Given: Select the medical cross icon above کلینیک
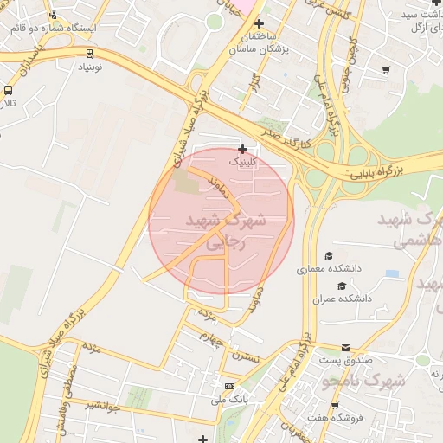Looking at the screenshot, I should pyautogui.click(x=242, y=149).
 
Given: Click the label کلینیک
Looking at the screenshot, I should pyautogui.click(x=242, y=162).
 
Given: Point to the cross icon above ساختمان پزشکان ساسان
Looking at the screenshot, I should pyautogui.click(x=258, y=22).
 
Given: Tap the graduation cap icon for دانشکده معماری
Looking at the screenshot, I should pyautogui.click(x=328, y=255).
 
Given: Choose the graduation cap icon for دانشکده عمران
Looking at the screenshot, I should pyautogui.click(x=341, y=285).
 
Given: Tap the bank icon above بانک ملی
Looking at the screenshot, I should pyautogui.click(x=229, y=386).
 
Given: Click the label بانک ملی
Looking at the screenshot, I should pyautogui.click(x=229, y=400).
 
